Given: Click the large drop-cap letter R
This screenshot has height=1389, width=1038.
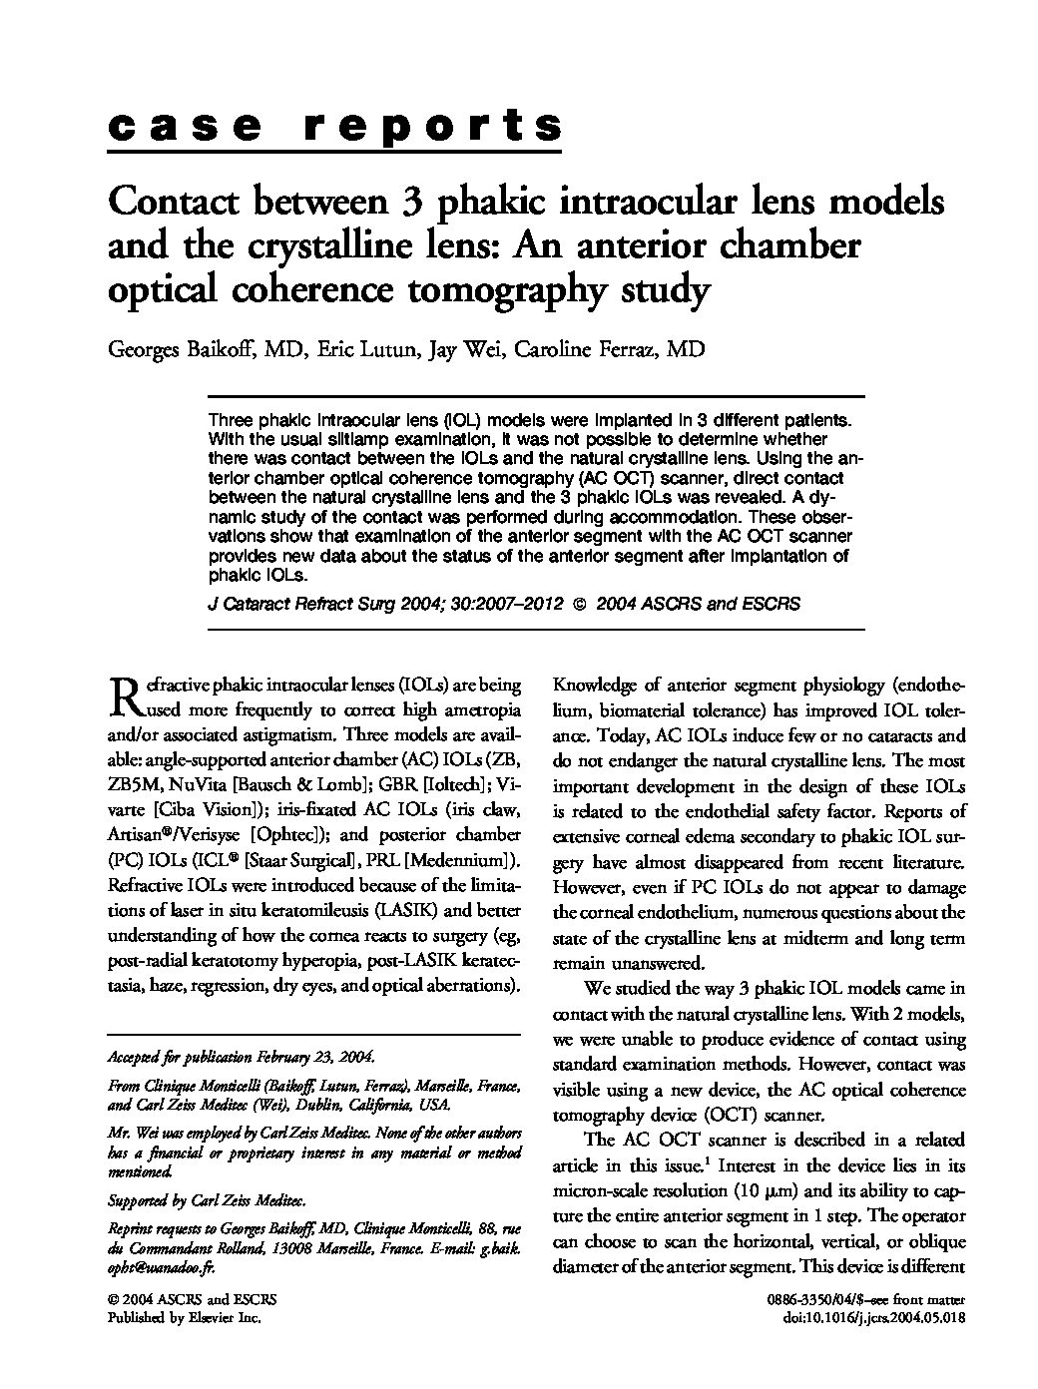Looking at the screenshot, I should (x=121, y=695).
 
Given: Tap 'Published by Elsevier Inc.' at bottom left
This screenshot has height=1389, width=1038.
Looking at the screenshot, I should (x=184, y=1318).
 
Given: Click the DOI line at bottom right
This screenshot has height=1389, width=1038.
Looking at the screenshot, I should (x=876, y=1318).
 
